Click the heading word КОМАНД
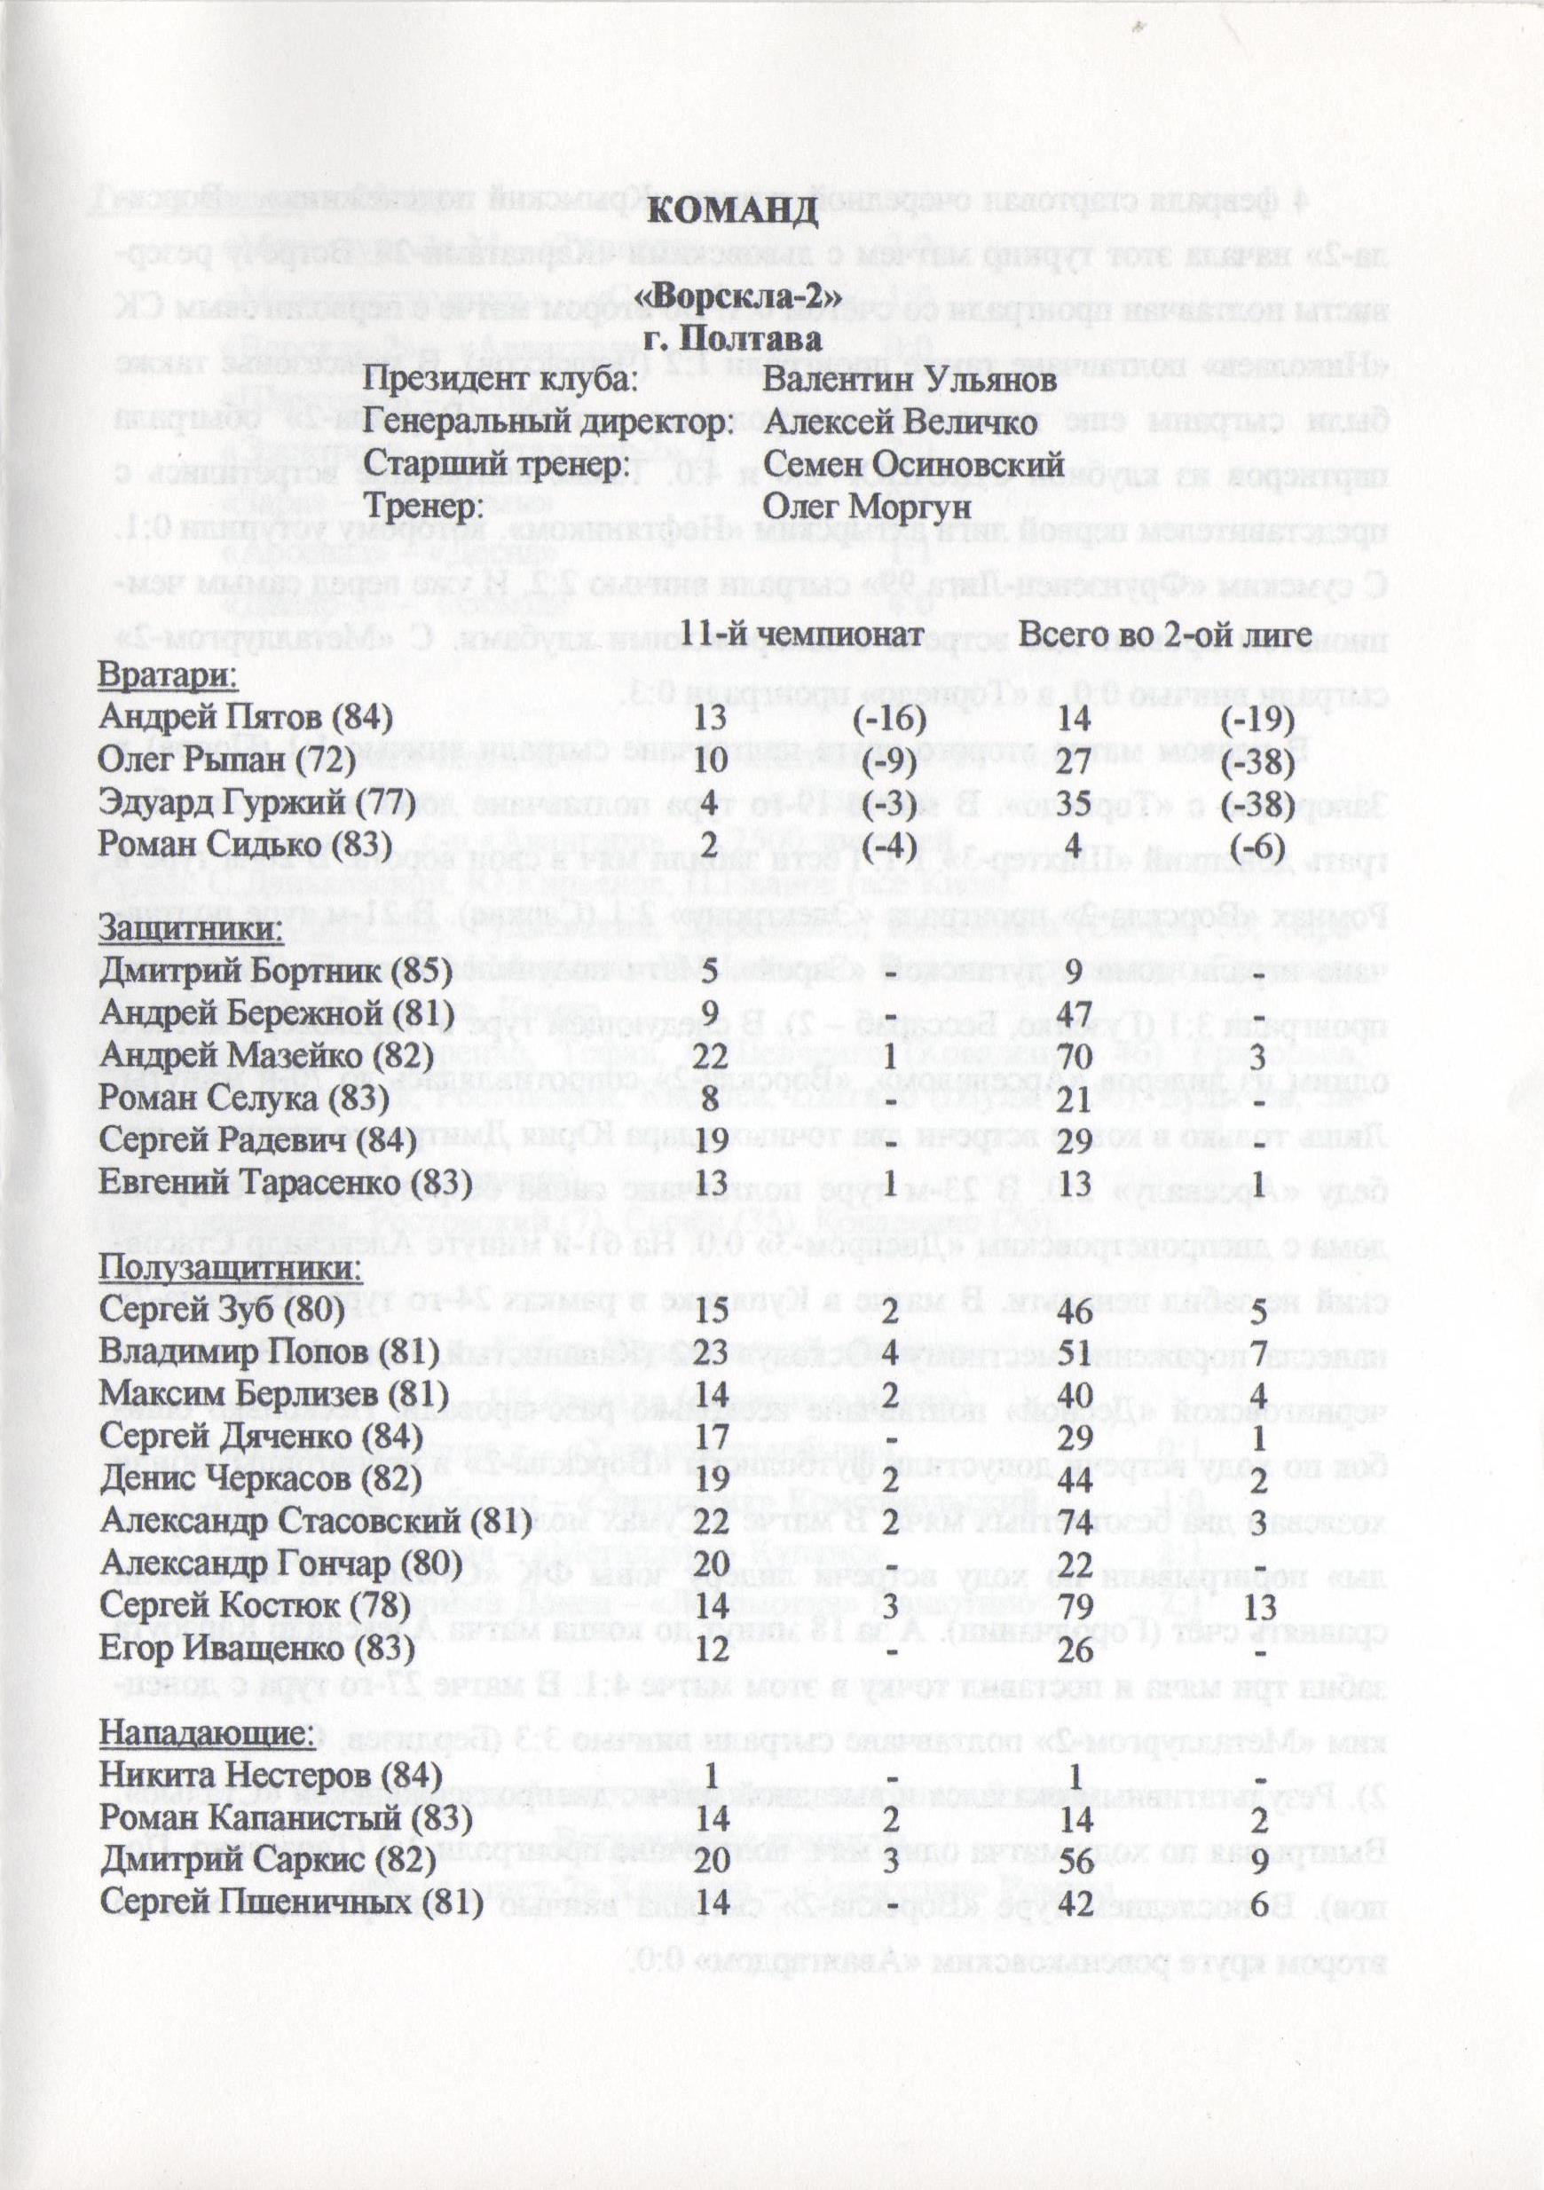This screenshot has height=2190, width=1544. tap(732, 209)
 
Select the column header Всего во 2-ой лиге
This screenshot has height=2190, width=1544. tap(1163, 634)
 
